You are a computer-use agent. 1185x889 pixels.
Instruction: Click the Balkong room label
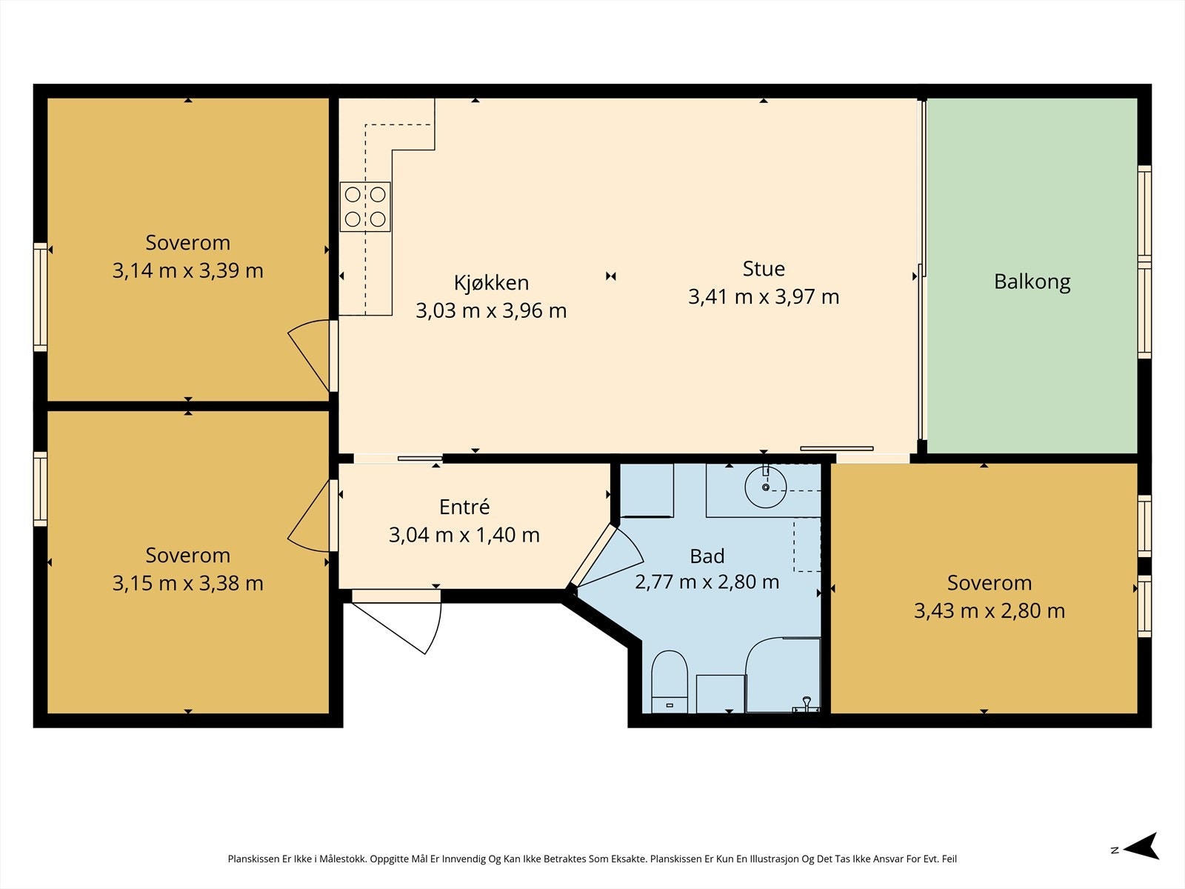1032,282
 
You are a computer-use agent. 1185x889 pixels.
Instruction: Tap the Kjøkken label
491,284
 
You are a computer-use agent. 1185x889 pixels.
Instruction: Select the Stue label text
764,269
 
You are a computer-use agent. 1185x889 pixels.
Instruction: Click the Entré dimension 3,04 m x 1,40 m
464,535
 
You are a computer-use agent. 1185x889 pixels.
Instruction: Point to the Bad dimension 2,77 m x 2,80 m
707,582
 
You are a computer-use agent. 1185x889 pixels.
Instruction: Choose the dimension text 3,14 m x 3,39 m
188,270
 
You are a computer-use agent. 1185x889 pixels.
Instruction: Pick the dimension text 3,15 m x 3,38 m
188,584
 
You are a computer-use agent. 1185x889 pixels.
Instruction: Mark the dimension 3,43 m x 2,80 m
989,611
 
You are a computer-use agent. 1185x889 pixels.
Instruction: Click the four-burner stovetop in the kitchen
365,207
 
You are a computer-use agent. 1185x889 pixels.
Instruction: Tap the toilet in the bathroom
670,681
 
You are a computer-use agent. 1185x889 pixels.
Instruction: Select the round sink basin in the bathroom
765,487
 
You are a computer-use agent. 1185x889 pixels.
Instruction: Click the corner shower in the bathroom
783,675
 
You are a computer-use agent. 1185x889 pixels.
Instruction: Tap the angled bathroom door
604,556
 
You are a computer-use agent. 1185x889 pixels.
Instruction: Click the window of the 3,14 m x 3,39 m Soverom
41,297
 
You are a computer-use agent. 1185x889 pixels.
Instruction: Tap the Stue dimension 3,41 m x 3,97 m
764,297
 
